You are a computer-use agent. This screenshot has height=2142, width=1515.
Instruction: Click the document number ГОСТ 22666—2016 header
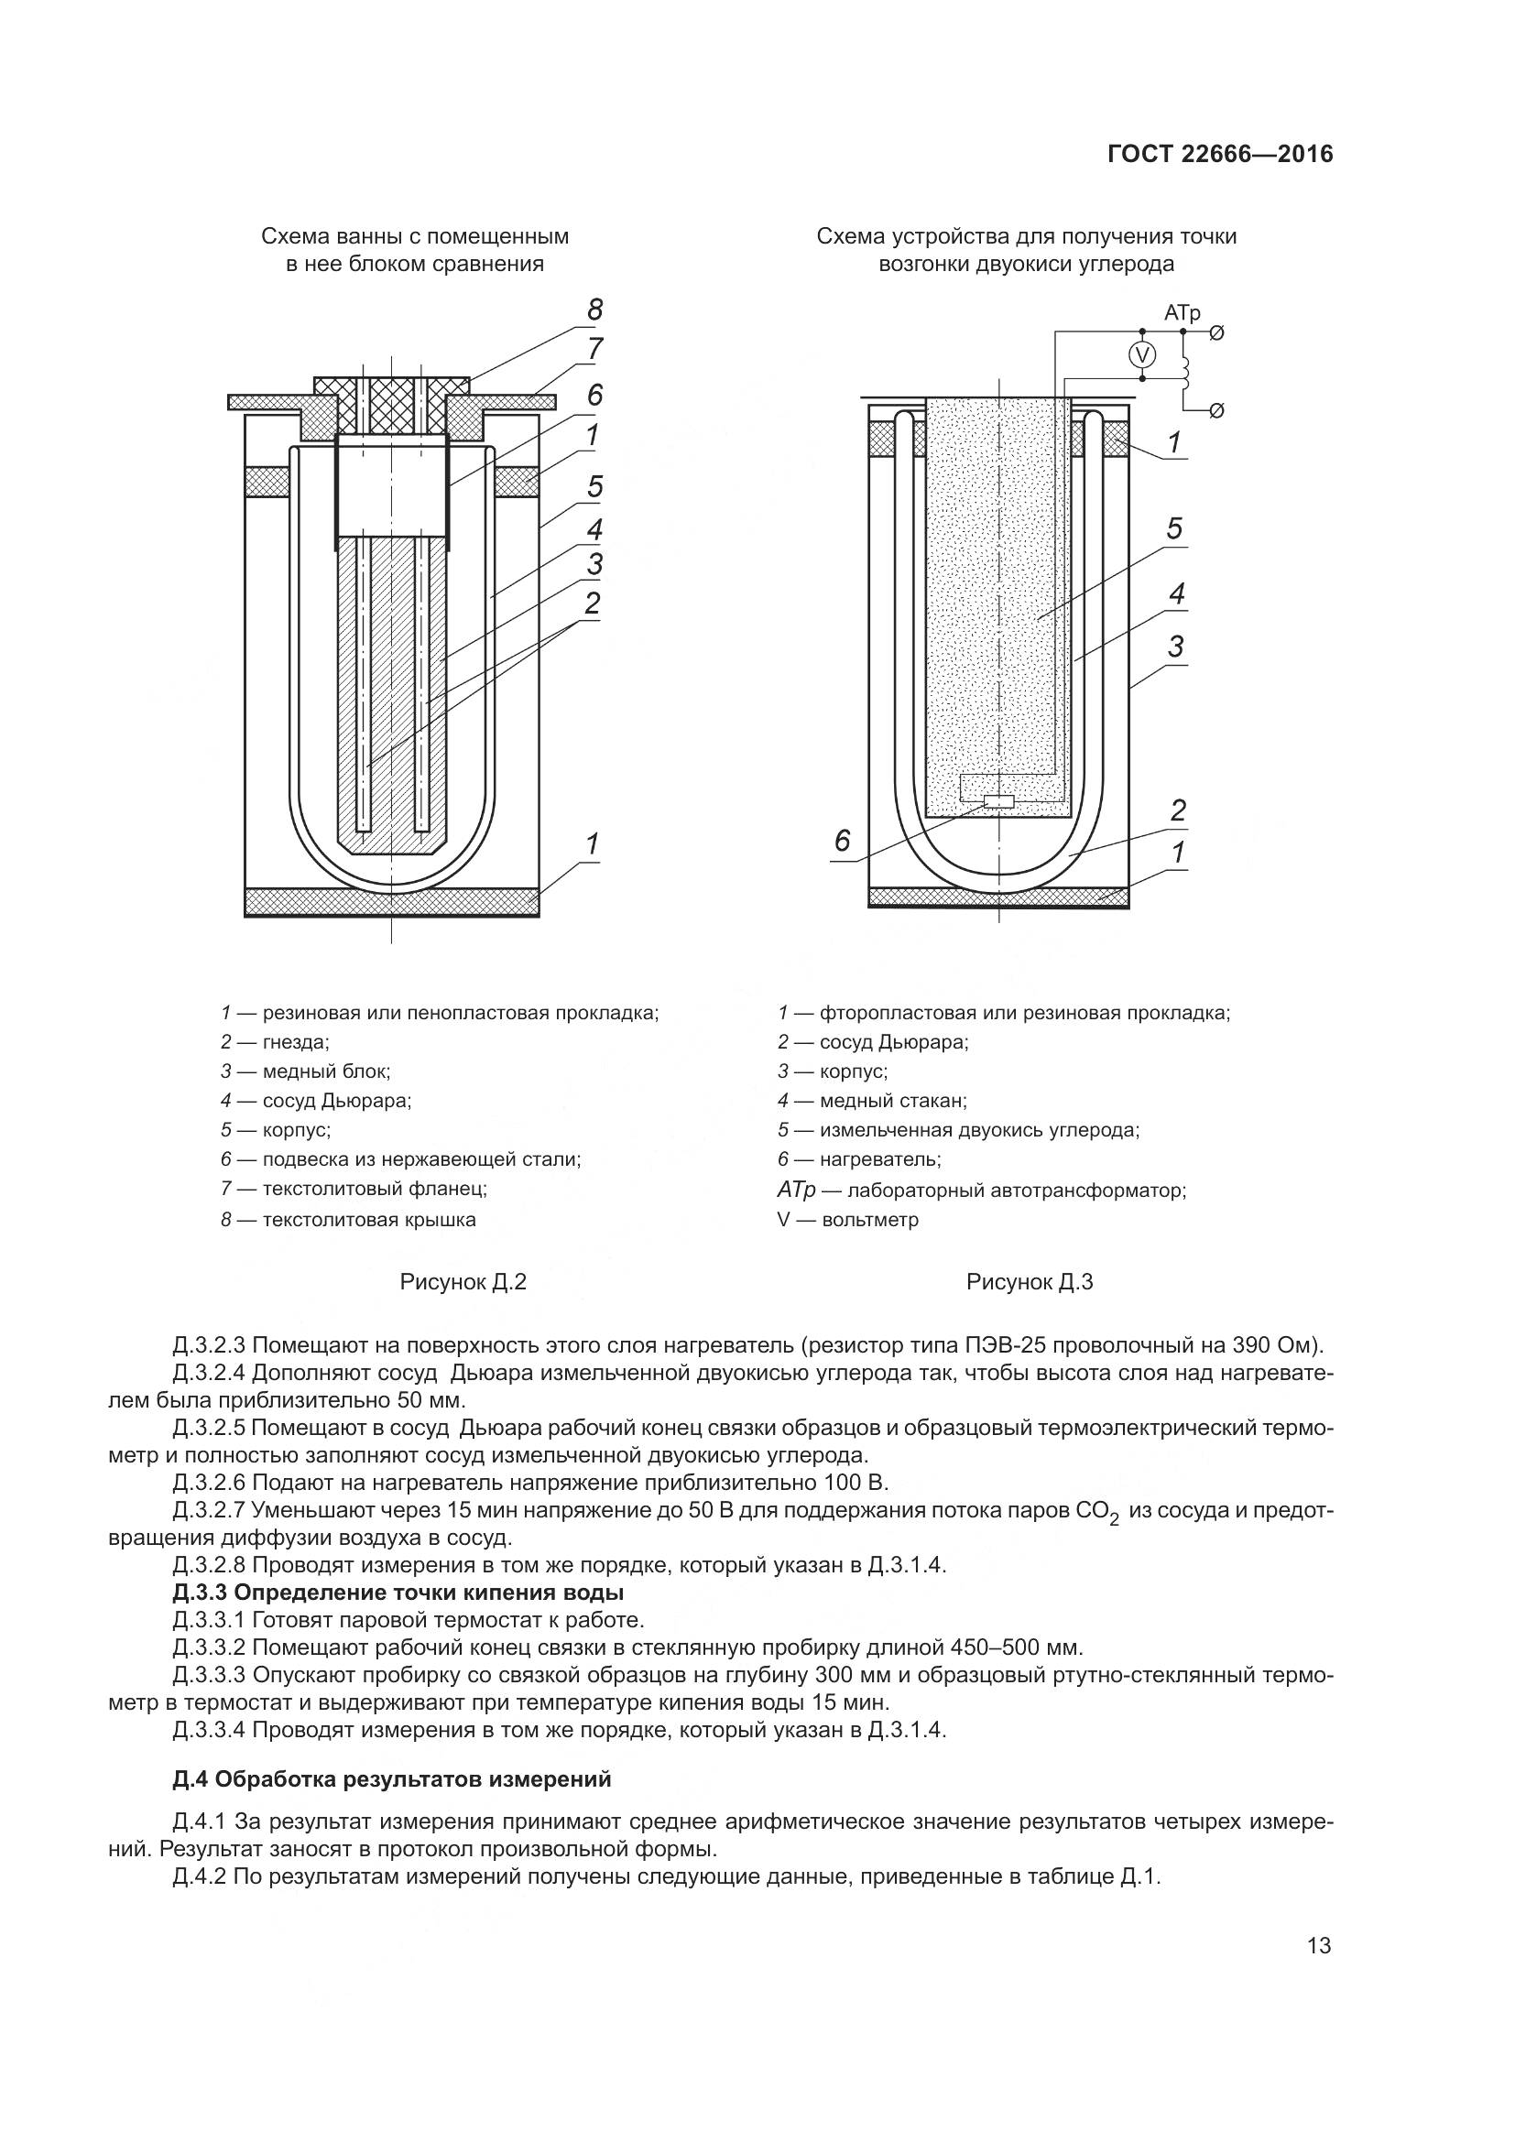pos(1220,154)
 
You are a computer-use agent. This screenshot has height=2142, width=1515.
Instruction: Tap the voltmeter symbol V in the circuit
pos(1142,354)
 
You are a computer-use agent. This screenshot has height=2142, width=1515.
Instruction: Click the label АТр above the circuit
pos(1182,314)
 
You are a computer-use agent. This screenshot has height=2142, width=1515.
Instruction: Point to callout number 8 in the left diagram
pos(594,310)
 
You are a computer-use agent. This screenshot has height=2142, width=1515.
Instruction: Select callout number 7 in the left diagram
pos(594,350)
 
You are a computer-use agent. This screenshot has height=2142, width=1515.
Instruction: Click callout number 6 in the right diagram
pos(843,842)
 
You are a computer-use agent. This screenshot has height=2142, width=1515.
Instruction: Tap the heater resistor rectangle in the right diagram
pos(999,801)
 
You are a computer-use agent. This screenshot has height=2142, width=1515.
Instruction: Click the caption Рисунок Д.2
pos(463,1282)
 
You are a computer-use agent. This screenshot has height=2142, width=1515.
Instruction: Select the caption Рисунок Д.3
pos(1029,1282)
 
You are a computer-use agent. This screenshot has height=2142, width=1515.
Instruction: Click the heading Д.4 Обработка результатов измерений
pos(392,1779)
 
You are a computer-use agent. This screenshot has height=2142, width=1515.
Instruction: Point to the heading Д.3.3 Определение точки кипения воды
pos(398,1592)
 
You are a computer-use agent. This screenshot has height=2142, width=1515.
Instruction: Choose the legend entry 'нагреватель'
pos(879,1159)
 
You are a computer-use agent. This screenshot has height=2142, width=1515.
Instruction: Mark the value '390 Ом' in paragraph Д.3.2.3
pos(1271,1345)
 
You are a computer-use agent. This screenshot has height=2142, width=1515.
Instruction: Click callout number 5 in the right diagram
pos(1174,529)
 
